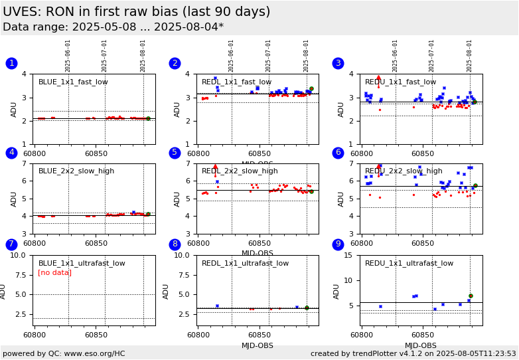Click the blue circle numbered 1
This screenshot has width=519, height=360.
coord(11,63)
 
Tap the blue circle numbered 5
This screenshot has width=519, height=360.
coord(175,153)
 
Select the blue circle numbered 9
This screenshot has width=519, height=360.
coord(338,244)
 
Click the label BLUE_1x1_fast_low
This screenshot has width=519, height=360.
coord(73,82)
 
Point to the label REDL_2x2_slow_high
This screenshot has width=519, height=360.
coord(240,171)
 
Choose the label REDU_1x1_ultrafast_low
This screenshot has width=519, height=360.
coord(409,264)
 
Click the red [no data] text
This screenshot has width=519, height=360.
coord(54,273)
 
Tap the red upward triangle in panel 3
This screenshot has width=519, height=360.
coord(379,78)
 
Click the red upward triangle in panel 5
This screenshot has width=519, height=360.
coord(215,167)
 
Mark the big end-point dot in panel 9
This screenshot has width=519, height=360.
coord(471,296)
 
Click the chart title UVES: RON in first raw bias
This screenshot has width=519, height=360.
coord(136,12)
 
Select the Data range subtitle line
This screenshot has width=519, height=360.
coord(113,27)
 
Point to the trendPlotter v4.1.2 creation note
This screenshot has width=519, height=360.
coord(413,353)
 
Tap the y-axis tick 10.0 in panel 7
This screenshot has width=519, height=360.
coord(18,255)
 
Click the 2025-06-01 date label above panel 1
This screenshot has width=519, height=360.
coord(68,56)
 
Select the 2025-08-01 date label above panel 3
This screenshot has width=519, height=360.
coord(470,56)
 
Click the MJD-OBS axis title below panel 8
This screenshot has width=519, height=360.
coord(258,345)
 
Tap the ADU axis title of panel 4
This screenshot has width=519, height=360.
coord(14,199)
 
